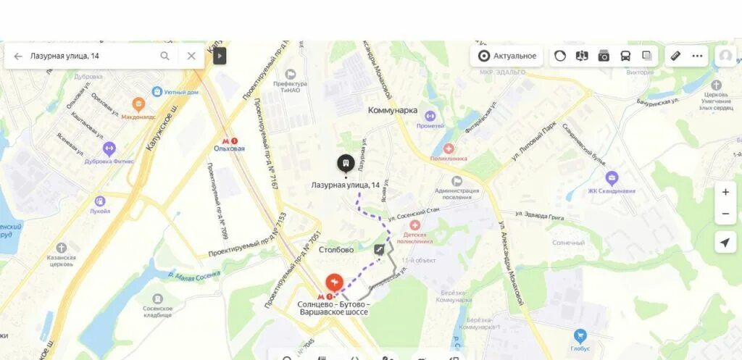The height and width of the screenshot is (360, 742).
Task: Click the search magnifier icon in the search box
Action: click(165, 56)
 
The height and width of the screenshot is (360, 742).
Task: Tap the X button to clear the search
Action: click(191, 56)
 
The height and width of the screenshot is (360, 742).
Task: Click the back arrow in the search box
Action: click(18, 56)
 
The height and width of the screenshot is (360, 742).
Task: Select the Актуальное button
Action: click(507, 56)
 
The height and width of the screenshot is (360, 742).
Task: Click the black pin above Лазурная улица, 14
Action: click(346, 163)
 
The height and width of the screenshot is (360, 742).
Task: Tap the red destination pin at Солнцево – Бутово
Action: click(334, 282)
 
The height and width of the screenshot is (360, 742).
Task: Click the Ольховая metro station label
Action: click(229, 148)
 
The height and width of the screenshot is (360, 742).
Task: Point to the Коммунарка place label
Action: click(393, 110)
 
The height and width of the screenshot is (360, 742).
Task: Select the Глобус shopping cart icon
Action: click(580, 335)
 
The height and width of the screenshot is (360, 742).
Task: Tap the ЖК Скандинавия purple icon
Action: click(612, 177)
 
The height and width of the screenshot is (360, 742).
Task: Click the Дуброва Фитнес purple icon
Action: click(109, 149)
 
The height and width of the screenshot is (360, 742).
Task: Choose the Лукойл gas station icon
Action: click(100, 201)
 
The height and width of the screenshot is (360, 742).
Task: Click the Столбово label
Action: click(335, 250)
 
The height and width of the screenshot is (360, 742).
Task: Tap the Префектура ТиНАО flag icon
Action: click(291, 74)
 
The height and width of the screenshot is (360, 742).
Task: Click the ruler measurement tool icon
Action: click(675, 56)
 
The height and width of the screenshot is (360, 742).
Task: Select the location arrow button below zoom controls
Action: click(725, 243)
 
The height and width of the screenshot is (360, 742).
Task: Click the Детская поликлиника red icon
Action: click(415, 226)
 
